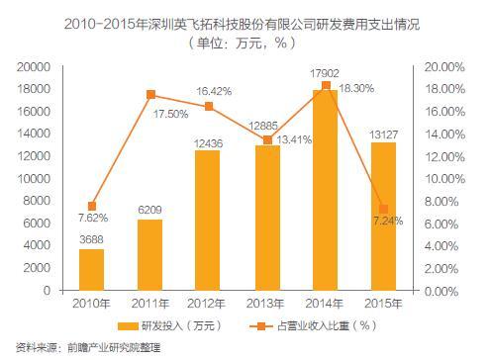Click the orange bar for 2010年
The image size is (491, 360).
pos(91,270)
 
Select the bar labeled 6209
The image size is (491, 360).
pos(149,255)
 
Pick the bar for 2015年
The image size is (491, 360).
pos(383,217)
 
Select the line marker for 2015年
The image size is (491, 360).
pos(383,210)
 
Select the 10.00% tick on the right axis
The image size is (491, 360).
pos(443,179)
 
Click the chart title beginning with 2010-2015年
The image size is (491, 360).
pos(243,23)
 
